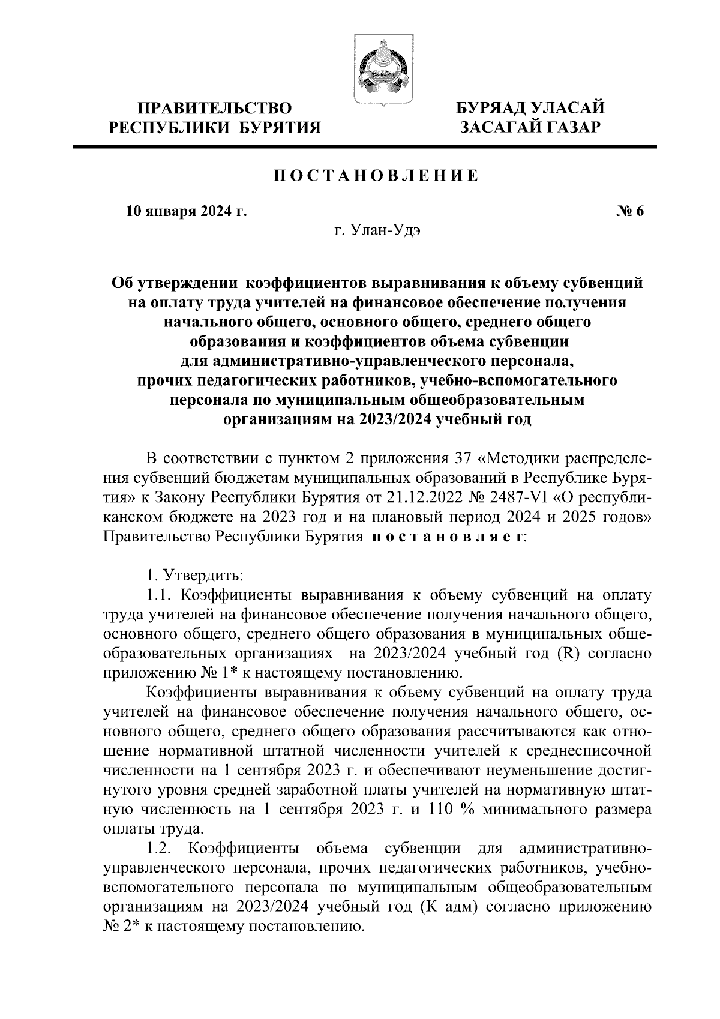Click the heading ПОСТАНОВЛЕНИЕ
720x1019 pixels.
(376, 176)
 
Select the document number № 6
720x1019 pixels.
(629, 211)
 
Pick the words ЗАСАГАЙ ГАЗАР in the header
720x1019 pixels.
(530, 127)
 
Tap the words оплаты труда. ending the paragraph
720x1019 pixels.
(154, 829)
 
